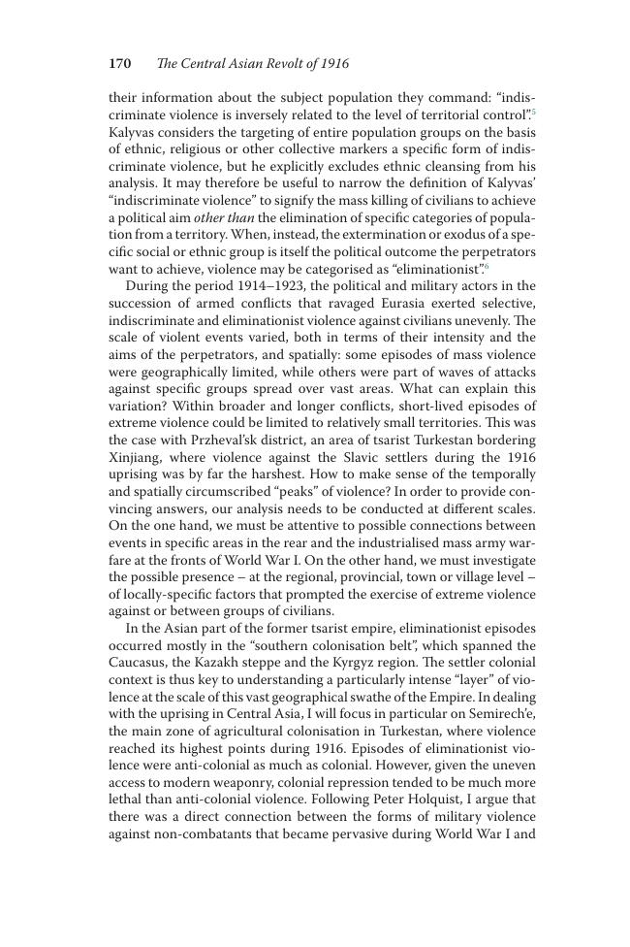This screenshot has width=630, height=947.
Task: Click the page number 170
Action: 119,64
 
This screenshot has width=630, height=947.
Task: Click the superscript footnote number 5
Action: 533,113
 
